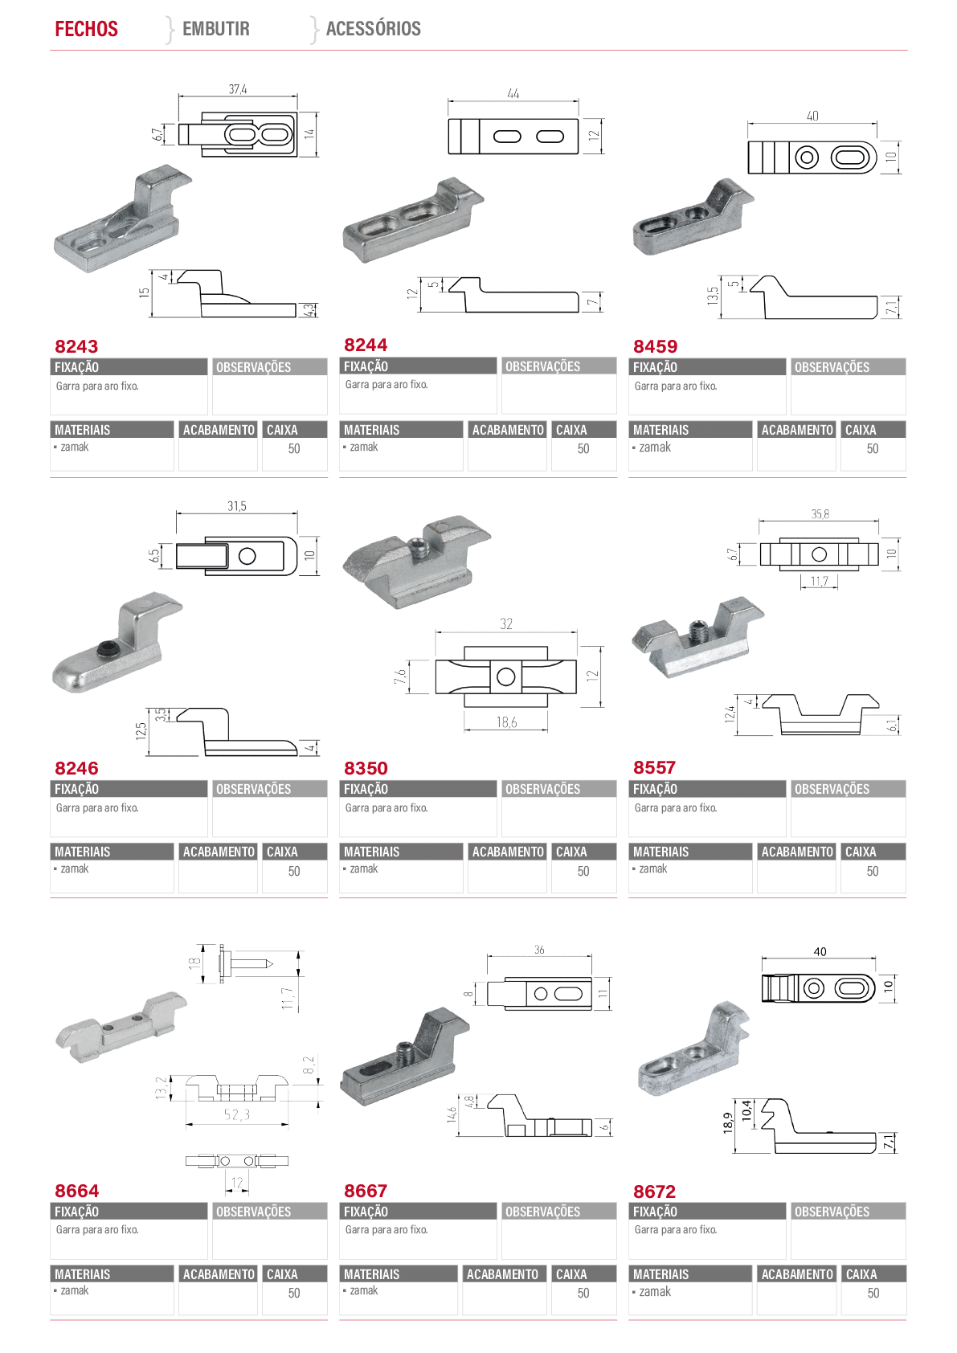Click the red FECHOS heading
tap(87, 28)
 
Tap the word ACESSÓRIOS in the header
tap(374, 28)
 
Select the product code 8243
tap(76, 346)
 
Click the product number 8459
tap(655, 346)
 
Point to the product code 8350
tap(366, 768)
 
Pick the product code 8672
tap(654, 1192)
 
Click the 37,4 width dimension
tap(237, 89)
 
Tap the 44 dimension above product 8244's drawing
tap(513, 94)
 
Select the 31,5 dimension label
tap(237, 506)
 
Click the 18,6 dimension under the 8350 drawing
tap(506, 722)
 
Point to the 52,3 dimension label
tap(237, 1114)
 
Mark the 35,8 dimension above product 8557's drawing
tap(820, 514)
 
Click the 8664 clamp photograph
tap(121, 1027)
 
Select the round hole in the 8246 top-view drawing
tap(247, 556)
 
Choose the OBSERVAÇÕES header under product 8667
tap(542, 1211)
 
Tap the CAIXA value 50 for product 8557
tap(873, 871)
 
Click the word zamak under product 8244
tap(364, 447)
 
